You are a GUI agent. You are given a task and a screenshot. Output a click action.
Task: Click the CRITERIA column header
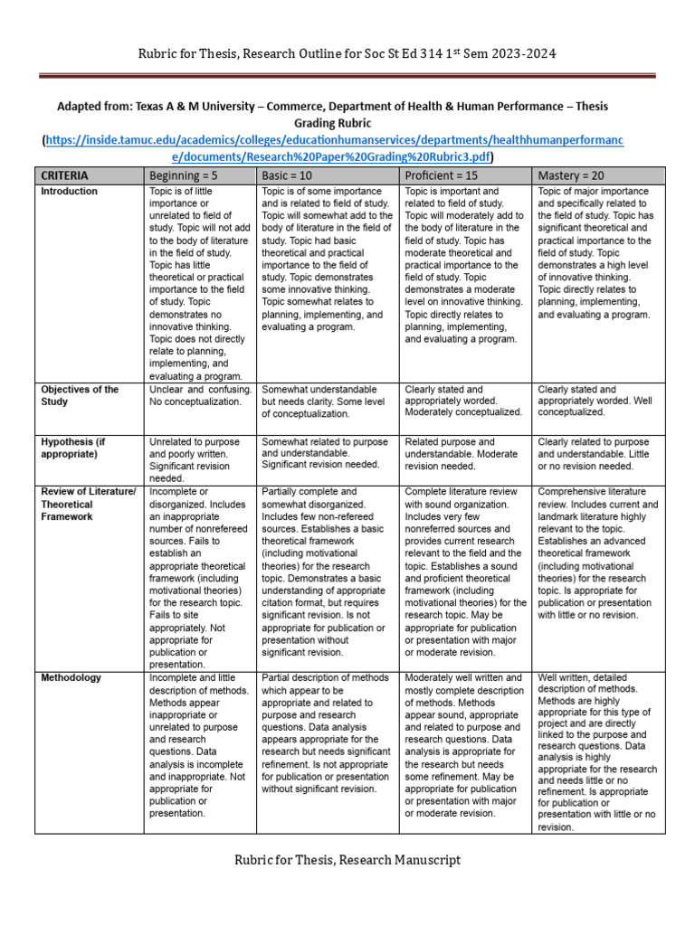(63, 175)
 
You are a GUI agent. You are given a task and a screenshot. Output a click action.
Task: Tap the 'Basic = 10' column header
(292, 175)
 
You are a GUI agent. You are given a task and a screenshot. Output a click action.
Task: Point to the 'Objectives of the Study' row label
(80, 395)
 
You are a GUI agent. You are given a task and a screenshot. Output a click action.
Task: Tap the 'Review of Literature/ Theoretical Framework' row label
(88, 504)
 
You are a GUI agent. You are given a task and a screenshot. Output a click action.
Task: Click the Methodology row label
(71, 677)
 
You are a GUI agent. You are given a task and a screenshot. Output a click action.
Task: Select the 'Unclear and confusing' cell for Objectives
(200, 395)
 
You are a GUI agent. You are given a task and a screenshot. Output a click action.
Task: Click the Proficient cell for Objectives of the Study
(463, 401)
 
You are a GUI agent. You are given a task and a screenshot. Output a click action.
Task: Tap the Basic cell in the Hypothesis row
(330, 452)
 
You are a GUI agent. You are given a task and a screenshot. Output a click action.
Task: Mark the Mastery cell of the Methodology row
(597, 751)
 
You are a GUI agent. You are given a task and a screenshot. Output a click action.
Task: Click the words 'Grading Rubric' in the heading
(334, 122)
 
